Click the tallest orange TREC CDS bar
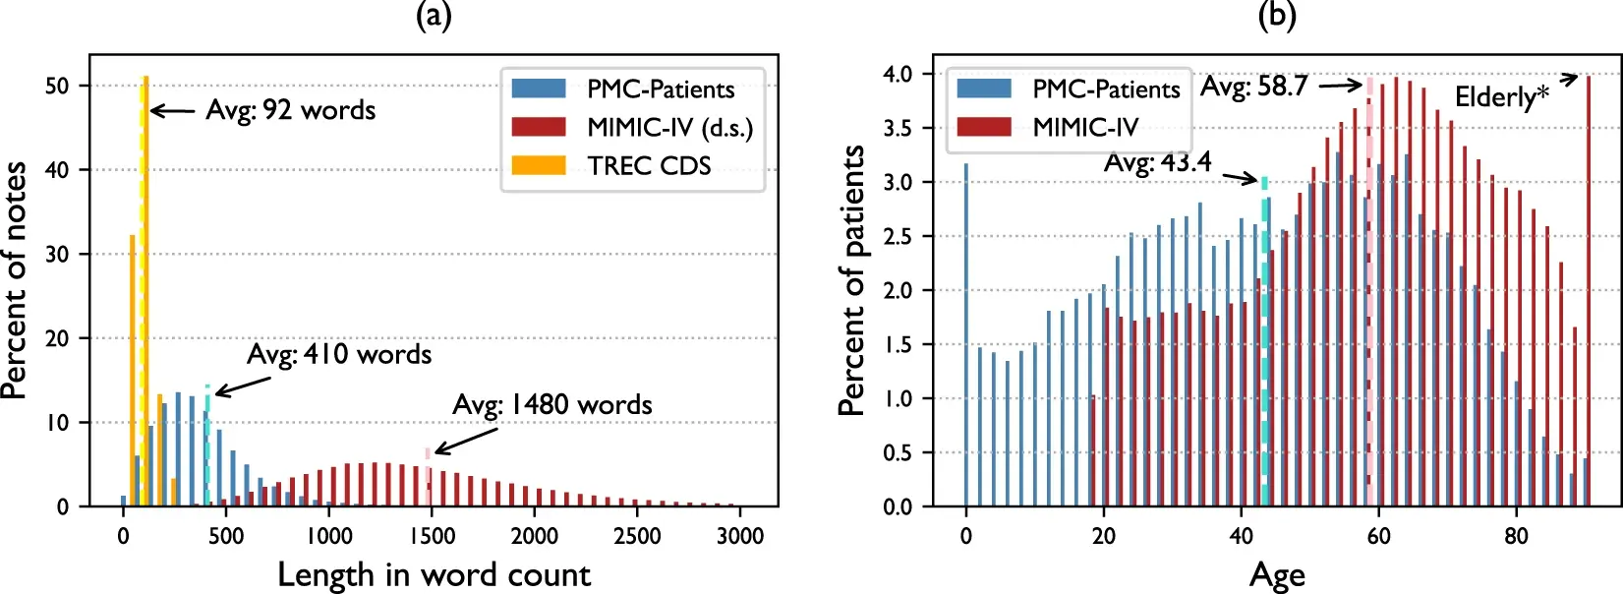pos(145,295)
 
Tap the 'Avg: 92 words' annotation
pos(290,110)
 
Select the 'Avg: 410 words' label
pos(339,354)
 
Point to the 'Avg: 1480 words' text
pos(551,404)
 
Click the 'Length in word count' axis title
pos(434,574)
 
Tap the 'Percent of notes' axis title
pos(15,281)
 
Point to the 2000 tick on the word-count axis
pos(534,536)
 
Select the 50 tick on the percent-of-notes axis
pos(57,86)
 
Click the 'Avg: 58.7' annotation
pos(1253,87)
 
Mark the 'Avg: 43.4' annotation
pos(1157,162)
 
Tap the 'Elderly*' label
pos(1501,96)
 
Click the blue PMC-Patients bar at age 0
pos(966,334)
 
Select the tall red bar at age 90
pos(1589,291)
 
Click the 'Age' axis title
pos(1277,575)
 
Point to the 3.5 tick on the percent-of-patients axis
pos(898,128)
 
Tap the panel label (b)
pos(1277,15)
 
